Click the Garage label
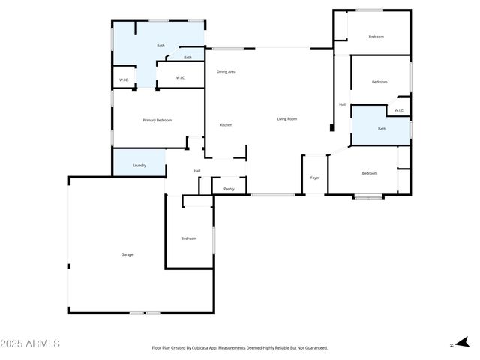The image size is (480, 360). click(127, 254)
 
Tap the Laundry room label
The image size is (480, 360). click(139, 165)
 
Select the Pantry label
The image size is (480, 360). click(229, 189)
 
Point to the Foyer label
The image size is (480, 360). click(315, 178)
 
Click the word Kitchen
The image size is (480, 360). click(226, 124)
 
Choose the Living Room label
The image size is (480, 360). click(287, 118)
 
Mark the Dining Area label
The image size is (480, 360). click(226, 71)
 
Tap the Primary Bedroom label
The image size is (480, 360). click(157, 120)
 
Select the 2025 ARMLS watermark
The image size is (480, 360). click(31, 343)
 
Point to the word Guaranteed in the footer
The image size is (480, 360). click(315, 348)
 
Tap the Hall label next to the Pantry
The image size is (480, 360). click(197, 171)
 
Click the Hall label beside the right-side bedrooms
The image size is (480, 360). click(342, 104)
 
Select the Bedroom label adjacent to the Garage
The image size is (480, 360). click(188, 238)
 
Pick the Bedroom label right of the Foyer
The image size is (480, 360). click(369, 173)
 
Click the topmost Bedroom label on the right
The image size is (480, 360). click(376, 37)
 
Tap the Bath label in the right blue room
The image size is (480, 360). click(382, 129)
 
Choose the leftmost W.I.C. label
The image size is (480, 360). click(124, 80)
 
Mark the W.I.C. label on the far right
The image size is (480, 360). click(399, 110)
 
